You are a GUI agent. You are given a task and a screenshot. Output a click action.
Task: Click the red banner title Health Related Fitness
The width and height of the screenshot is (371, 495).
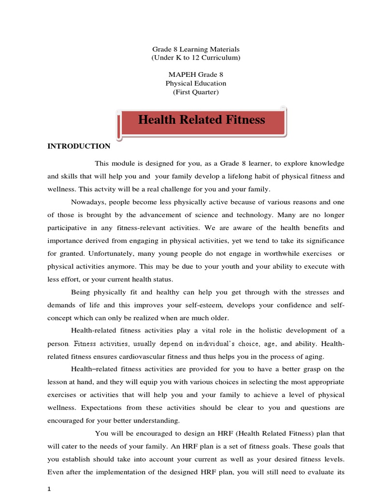201,119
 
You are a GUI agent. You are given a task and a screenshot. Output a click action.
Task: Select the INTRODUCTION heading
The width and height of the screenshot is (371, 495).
79,146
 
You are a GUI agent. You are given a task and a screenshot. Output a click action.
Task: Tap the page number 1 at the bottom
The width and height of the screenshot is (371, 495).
49,489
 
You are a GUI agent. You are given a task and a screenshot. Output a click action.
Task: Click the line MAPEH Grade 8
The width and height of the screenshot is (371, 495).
196,74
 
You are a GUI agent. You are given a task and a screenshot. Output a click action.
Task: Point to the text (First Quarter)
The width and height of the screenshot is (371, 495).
196,92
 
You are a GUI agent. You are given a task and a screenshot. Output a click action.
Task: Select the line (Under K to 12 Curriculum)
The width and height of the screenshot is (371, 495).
196,58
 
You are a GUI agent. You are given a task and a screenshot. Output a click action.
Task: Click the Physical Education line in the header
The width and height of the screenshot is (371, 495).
196,83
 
